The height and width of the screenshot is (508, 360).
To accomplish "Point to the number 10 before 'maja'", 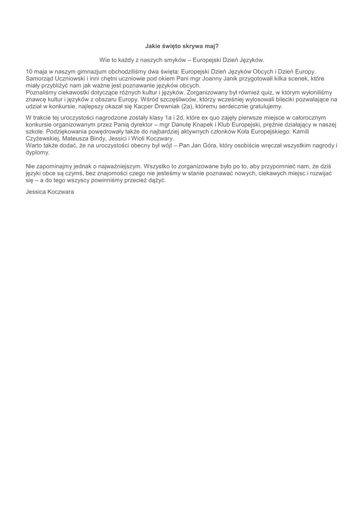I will (x=29, y=72).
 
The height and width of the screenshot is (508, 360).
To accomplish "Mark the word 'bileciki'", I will (x=279, y=100).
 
